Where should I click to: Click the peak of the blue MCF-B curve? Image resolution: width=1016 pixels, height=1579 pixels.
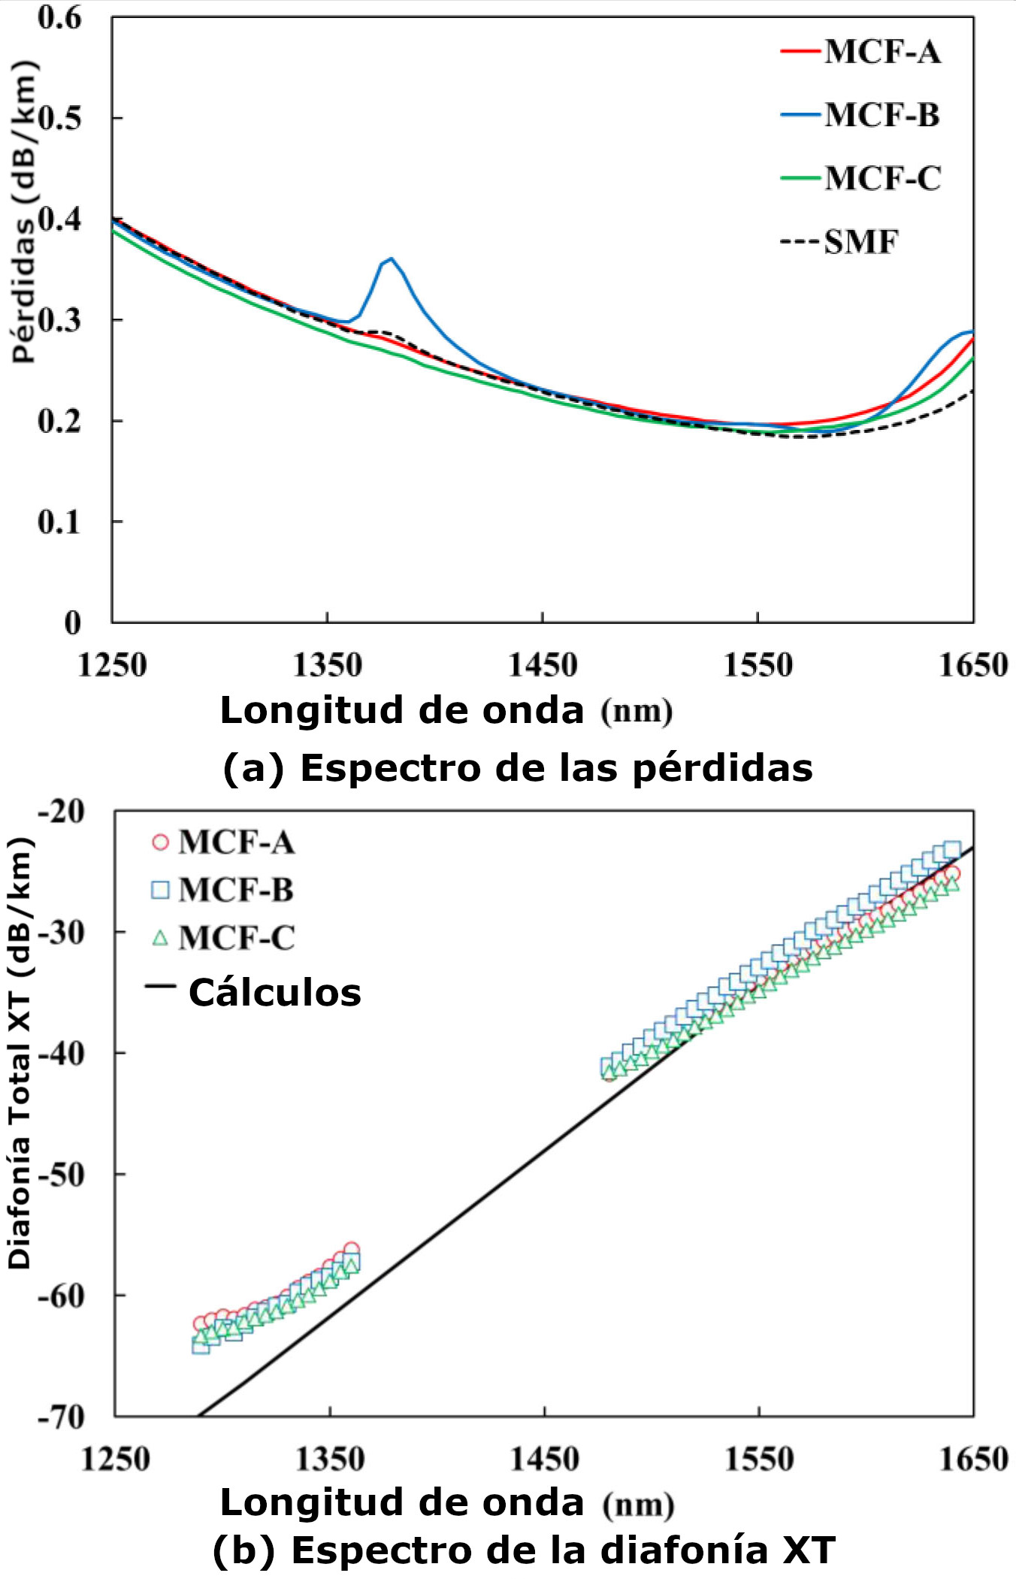point(390,259)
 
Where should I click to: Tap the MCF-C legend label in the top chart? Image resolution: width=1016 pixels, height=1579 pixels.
point(881,178)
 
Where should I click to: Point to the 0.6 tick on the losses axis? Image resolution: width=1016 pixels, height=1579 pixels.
point(59,18)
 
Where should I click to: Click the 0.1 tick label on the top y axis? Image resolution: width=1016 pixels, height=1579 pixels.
point(59,522)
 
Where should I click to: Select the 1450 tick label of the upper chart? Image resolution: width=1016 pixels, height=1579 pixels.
point(542,665)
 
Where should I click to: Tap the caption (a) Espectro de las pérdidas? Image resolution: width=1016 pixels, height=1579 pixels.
point(518,767)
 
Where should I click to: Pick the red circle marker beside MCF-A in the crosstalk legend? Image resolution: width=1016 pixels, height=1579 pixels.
point(160,842)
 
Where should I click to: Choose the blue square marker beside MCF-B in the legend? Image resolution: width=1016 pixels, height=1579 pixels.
point(160,890)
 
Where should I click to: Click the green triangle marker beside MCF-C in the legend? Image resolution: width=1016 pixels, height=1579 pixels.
point(160,937)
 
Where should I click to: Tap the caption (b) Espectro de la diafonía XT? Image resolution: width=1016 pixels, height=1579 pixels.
point(524,1550)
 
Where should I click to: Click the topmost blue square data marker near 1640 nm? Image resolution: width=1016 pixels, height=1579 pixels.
point(952,850)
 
